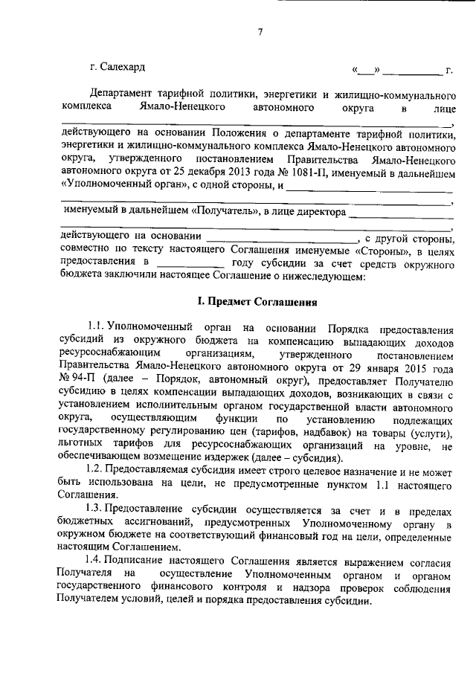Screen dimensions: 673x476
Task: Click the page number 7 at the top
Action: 260,31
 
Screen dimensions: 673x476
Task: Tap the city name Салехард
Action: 121,68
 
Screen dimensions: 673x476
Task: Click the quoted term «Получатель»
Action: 222,210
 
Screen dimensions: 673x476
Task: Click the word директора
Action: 318,211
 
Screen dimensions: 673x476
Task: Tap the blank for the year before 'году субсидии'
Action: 191,263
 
